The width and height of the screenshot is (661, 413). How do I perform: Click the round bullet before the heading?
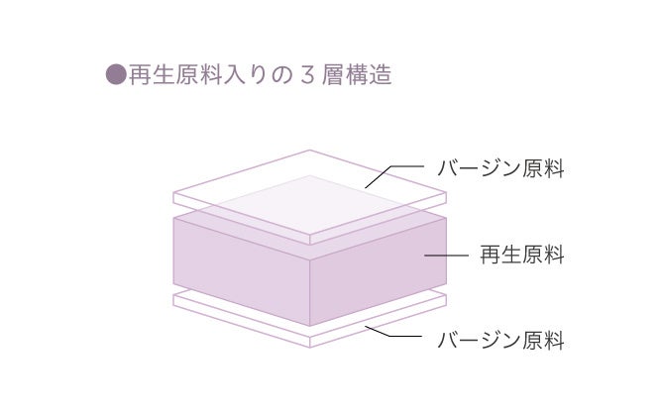tap(116, 75)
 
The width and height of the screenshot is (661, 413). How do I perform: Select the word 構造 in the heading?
tap(370, 75)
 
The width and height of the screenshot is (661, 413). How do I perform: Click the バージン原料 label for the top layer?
tap(500, 168)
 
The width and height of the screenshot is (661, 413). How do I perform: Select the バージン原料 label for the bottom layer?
tap(500, 342)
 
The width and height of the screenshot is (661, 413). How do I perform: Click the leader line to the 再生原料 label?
tap(446, 255)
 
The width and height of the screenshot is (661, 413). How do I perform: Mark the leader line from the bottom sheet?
tap(396, 338)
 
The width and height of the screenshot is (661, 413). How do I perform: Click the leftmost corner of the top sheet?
tap(174, 193)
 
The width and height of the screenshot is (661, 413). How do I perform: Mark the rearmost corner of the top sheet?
tap(310, 151)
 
